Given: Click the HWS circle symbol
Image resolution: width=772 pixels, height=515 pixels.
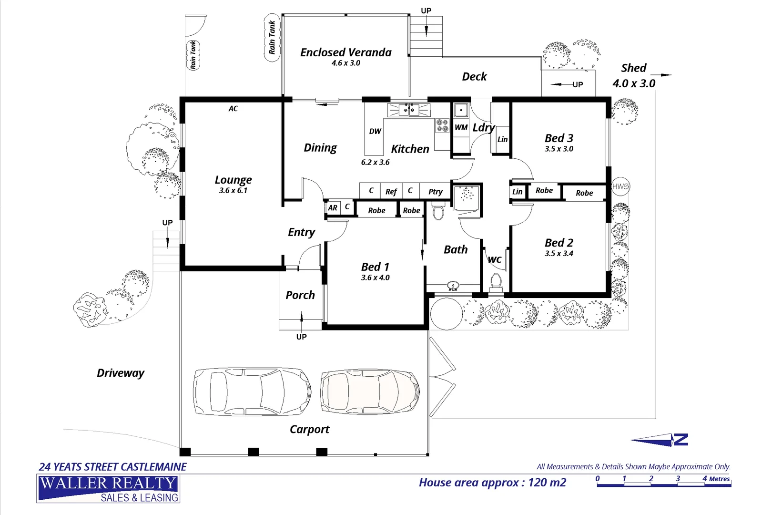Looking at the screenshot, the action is pos(620,186).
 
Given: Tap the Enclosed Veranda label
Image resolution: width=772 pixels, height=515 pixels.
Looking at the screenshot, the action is pos(345,52).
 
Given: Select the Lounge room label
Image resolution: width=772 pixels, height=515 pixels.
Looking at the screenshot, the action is pos(234,180).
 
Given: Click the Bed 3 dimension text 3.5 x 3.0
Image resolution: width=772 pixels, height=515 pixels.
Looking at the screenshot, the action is pos(559,149).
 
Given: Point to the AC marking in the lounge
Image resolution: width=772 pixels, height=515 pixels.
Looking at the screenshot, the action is pos(234,109).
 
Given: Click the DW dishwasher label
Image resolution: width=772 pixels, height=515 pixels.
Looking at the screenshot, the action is pos(375,131).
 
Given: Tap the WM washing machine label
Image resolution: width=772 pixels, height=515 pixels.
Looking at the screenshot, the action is pos(461,127).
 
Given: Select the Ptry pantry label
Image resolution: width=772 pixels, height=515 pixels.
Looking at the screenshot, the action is pos(435,192).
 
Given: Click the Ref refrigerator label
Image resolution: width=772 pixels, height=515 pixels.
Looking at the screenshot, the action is pos(391,192).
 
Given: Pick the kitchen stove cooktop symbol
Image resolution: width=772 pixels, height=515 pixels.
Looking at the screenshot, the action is pos(442,125).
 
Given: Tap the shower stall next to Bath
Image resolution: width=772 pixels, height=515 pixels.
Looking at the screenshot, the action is pos(467,198).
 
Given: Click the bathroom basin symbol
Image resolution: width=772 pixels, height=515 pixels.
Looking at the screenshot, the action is pos(453,286).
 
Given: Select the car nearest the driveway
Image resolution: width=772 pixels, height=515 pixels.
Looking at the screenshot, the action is pos(252,391).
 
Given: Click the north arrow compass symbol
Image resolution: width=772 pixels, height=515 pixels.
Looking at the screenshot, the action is pos(660,440).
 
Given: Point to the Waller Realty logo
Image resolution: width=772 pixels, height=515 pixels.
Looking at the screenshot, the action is pos(108,488).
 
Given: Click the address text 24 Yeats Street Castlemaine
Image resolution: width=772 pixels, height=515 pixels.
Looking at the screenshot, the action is pos(112,467).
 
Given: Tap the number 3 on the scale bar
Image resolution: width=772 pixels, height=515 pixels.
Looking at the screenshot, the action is pos(678,478).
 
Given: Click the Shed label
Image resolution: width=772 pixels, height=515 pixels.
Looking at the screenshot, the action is pos(634,68).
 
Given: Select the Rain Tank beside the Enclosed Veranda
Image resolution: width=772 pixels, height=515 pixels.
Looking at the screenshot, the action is pos(272,38).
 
